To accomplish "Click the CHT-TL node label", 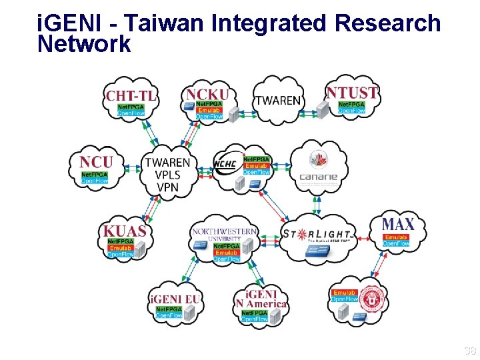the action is tap(131, 95).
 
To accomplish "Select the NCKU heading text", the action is tap(207, 94).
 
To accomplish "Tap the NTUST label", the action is tap(351, 93).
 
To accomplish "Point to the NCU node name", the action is tap(96, 162).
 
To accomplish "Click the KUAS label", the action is tap(124, 231).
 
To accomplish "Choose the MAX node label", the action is tap(397, 224).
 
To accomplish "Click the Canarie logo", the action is tap(318, 167).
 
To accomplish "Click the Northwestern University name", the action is tap(224, 234).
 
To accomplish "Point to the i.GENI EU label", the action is tap(175, 299).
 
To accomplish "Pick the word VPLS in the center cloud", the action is tap(167, 175).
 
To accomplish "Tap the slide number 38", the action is tap(469, 351).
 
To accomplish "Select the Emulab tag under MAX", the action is tap(396, 237).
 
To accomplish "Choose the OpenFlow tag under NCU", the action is tap(95, 181).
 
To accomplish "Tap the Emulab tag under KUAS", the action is tap(121, 247).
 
